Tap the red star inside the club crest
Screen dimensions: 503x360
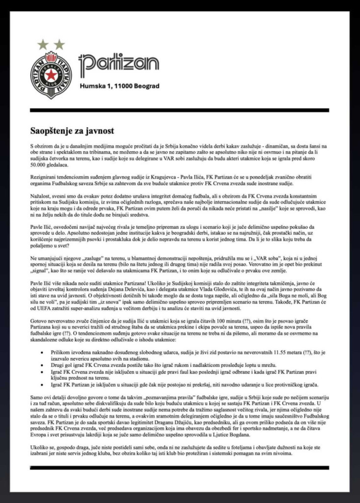pyautogui.click(x=51, y=75)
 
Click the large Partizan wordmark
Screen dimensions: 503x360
pyautogui.click(x=119, y=64)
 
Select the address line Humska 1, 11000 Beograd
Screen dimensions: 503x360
pyautogui.click(x=120, y=86)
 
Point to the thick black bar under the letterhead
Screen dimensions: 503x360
pyautogui.click(x=180, y=110)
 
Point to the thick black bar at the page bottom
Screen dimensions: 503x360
pyautogui.click(x=180, y=467)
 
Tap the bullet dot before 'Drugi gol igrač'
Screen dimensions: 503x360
pyautogui.click(x=42, y=365)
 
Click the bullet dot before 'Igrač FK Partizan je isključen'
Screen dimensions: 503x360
pyautogui.click(x=42, y=385)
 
